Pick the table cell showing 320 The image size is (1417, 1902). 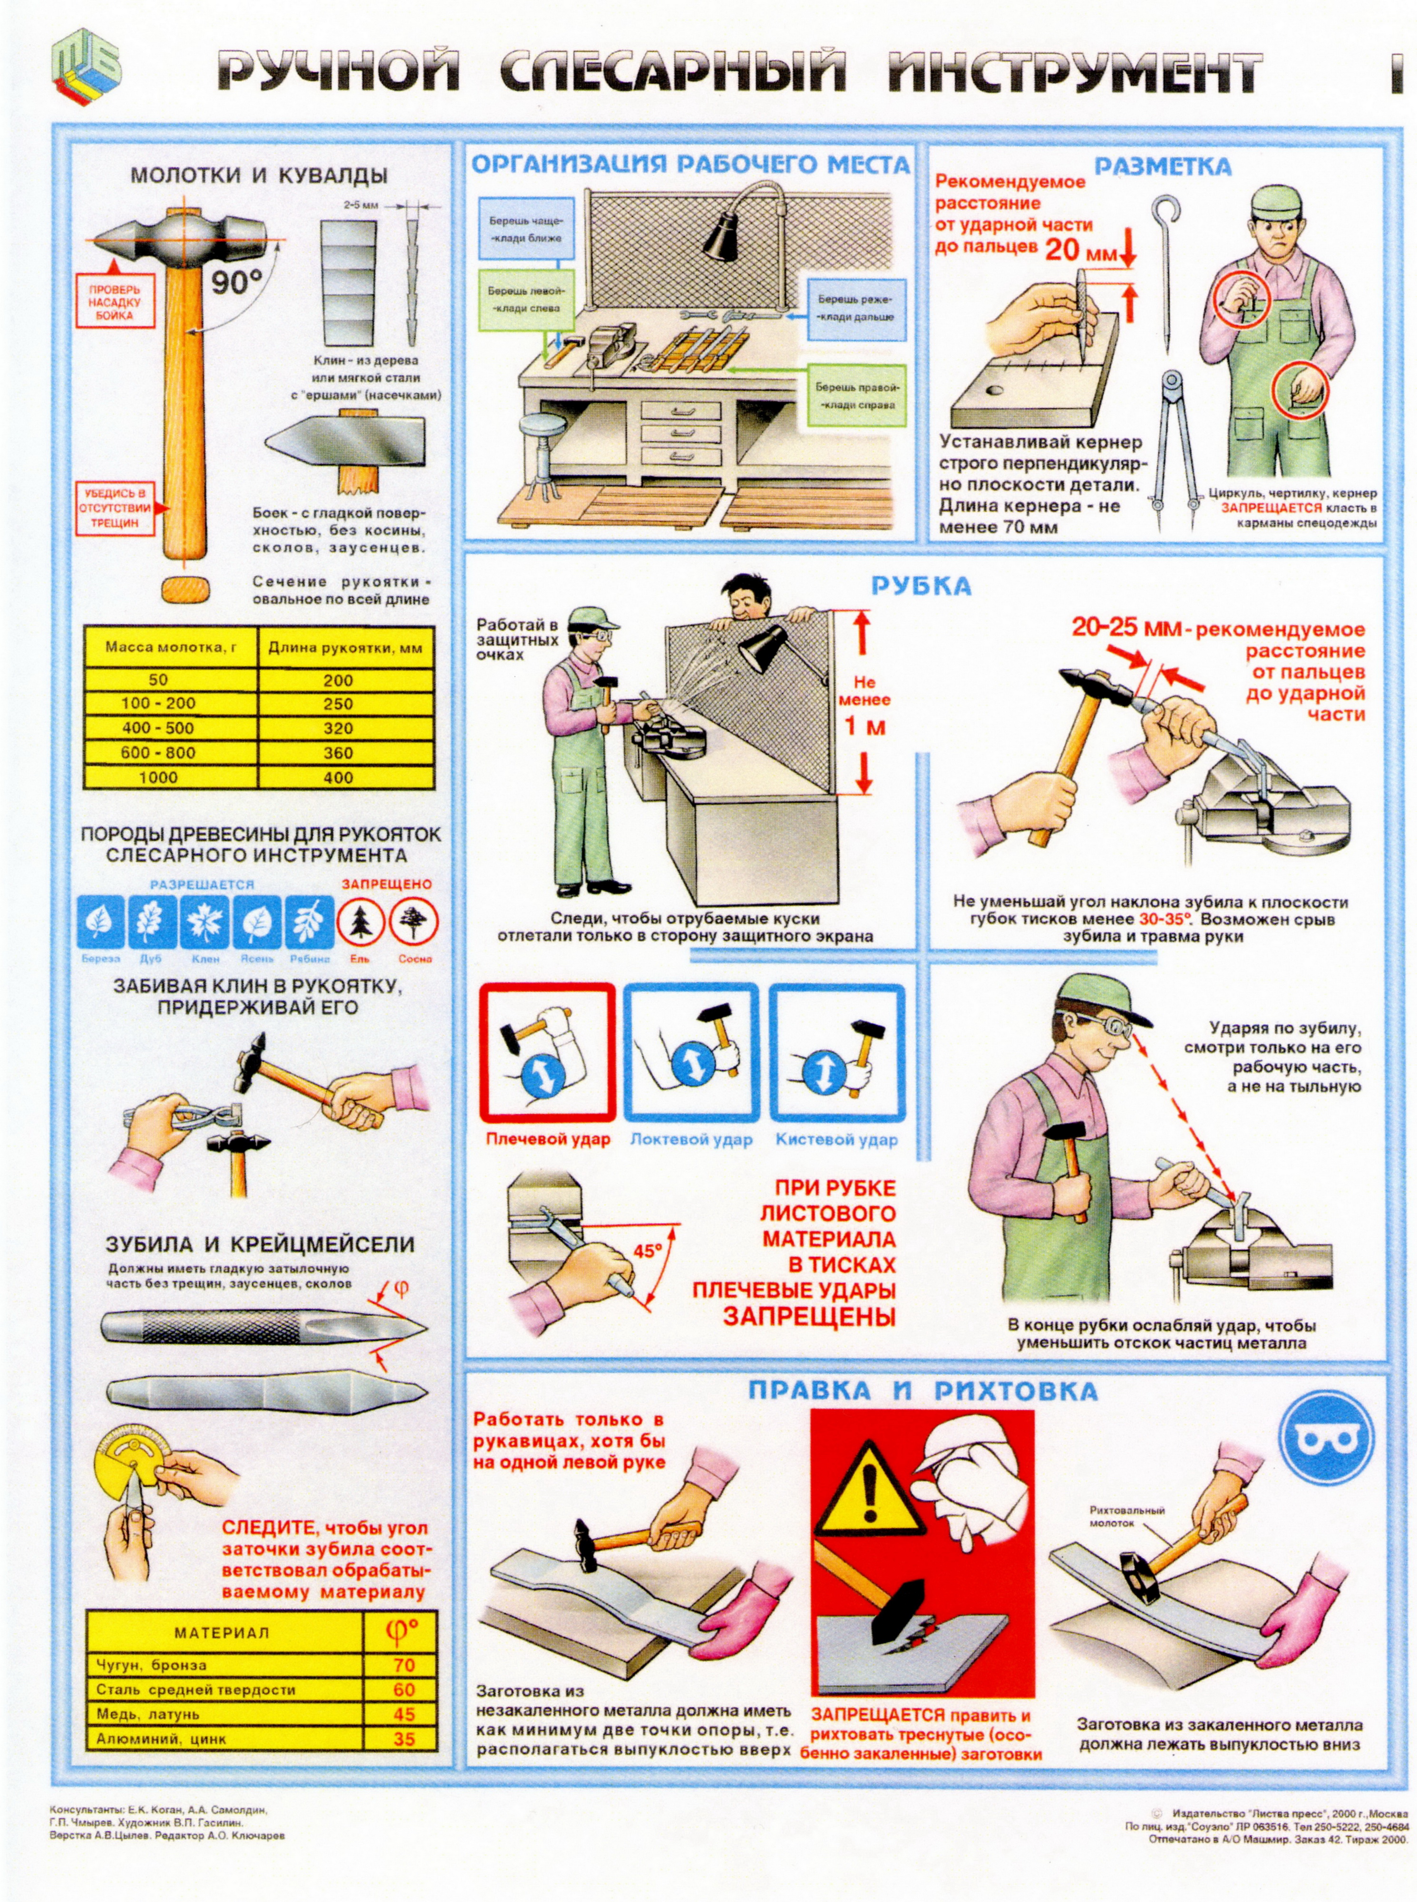(x=338, y=728)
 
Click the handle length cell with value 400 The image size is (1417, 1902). (x=338, y=778)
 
